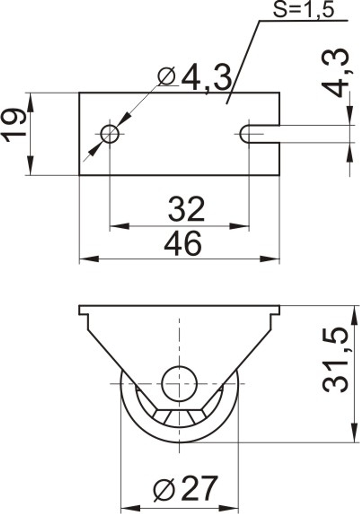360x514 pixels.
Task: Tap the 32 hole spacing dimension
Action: click(186, 209)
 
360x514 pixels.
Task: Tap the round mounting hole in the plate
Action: click(110, 134)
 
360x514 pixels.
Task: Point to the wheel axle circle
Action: click(178, 384)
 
